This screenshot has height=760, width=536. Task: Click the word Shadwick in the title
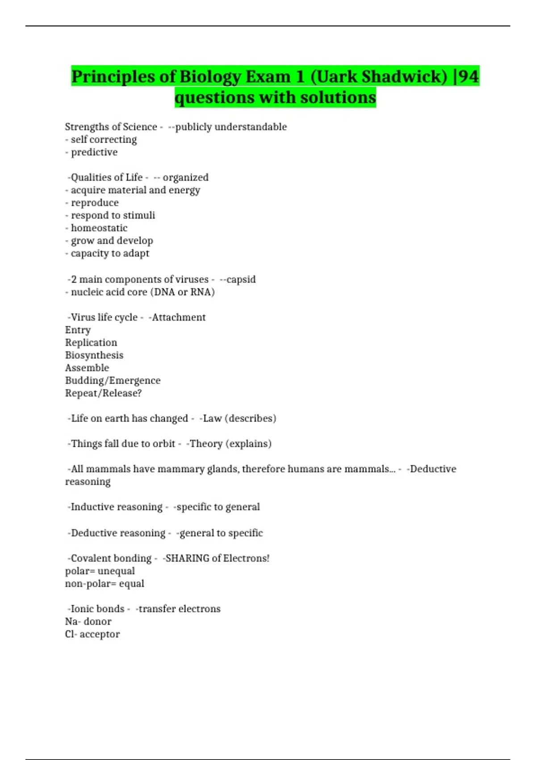404,76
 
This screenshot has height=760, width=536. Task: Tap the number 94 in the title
469,76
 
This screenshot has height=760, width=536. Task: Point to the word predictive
94,152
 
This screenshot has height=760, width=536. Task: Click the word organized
185,177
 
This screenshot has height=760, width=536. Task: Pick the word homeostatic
99,228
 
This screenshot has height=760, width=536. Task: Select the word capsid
241,279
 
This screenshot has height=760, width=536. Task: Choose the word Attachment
179,317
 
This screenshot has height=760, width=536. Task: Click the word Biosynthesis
94,355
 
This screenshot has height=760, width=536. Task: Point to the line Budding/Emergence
113,380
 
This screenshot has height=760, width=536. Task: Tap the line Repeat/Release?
103,393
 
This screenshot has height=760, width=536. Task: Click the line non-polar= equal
105,584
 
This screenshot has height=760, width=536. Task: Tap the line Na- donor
88,622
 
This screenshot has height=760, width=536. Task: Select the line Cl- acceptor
92,634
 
